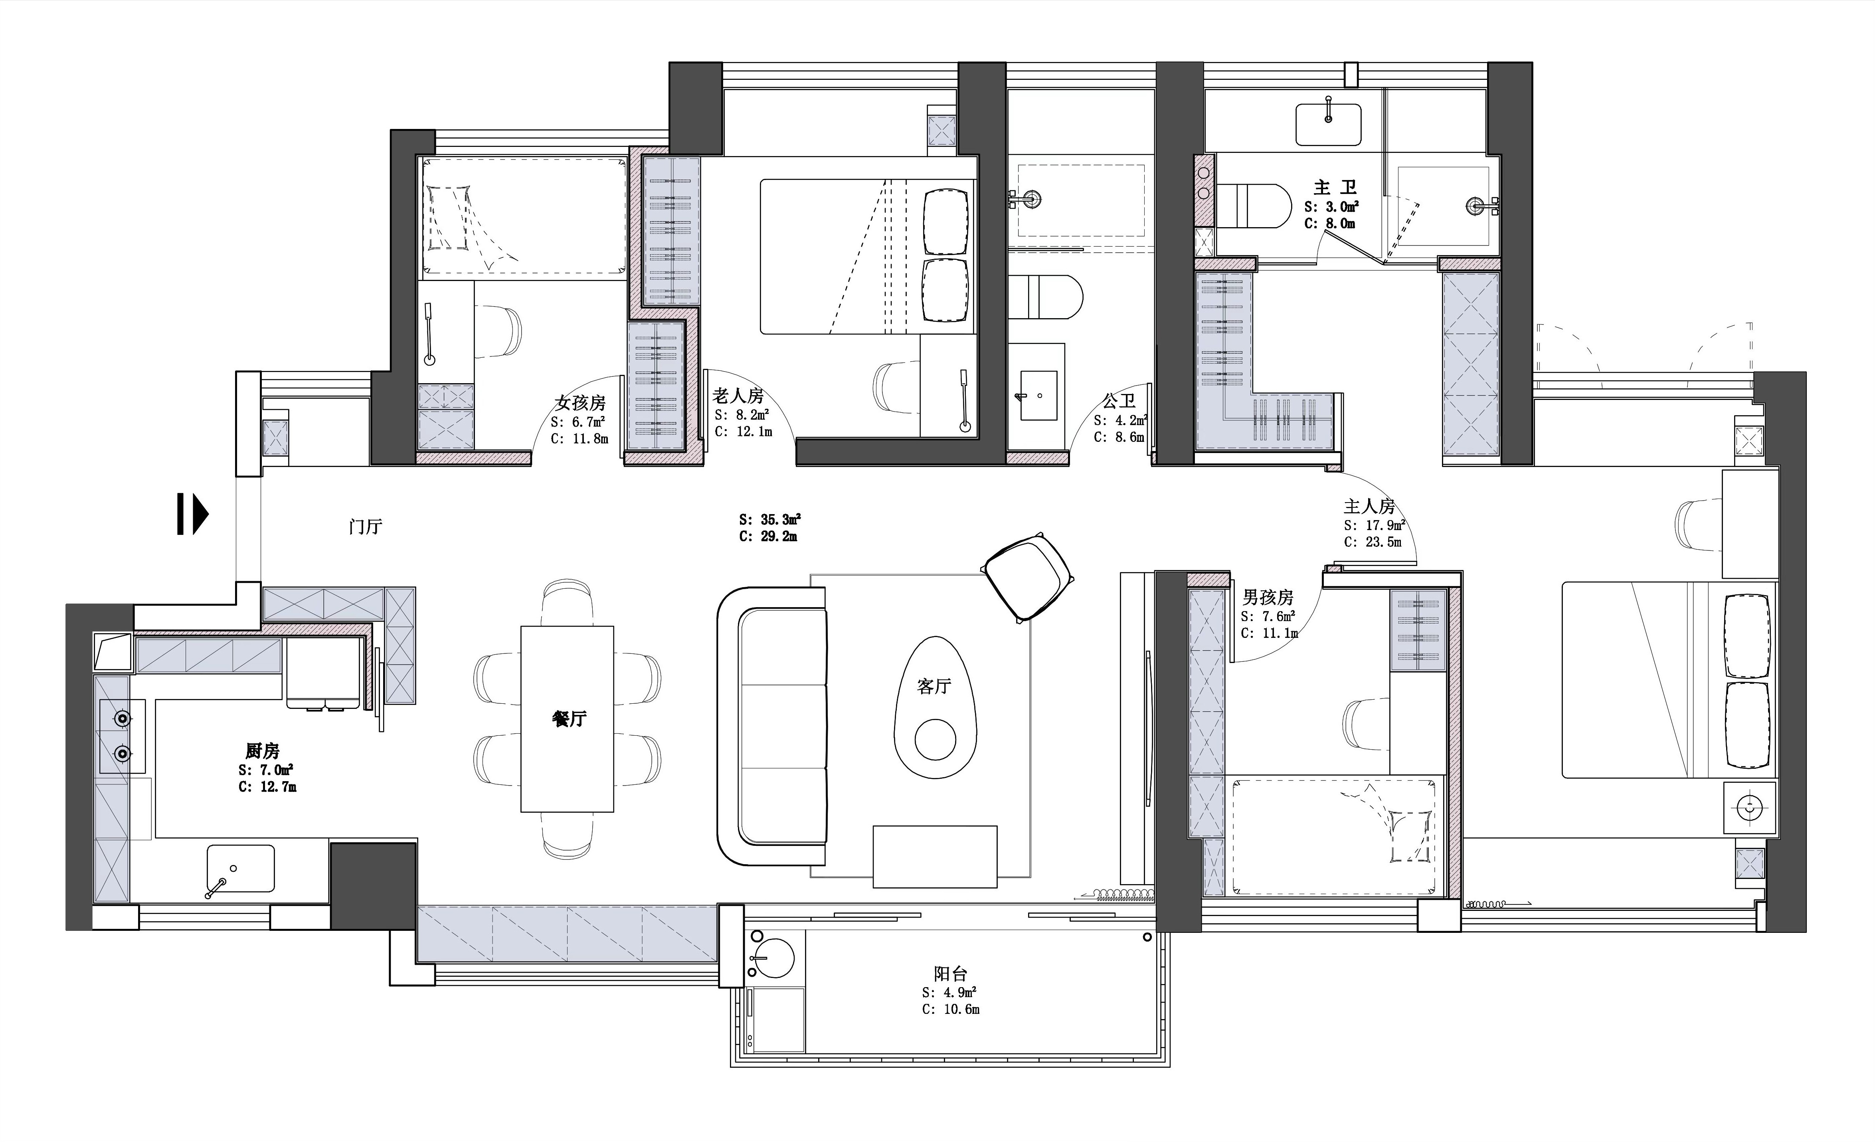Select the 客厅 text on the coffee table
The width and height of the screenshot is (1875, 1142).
(x=934, y=686)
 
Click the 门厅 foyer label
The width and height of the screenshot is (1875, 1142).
(x=365, y=526)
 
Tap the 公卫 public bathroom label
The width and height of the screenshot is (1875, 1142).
(x=1119, y=401)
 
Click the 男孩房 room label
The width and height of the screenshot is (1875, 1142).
(x=1268, y=597)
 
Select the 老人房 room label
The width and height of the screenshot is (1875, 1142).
(x=738, y=396)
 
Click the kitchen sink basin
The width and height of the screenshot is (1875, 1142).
(x=241, y=868)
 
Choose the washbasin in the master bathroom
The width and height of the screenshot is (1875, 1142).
(x=1329, y=124)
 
